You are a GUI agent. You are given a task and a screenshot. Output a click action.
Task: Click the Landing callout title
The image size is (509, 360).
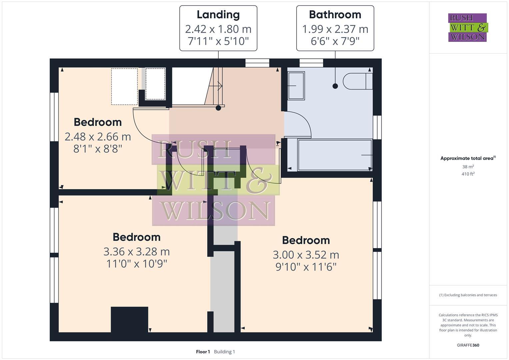[x=218, y=15]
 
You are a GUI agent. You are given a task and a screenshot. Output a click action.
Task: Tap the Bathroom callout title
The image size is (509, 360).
[x=335, y=15]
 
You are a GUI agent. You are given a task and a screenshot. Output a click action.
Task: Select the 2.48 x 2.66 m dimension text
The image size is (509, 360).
[x=98, y=137]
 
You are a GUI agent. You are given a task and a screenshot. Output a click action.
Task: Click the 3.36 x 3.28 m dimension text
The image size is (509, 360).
[x=136, y=251]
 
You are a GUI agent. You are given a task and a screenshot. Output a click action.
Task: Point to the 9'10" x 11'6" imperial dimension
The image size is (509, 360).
[x=306, y=267]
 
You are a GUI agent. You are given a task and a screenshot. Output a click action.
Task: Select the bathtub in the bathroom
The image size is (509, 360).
[x=335, y=155]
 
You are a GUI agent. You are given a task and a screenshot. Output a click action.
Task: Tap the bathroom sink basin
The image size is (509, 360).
[x=296, y=86]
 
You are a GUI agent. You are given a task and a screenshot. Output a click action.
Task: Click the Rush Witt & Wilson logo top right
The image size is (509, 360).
[x=467, y=28]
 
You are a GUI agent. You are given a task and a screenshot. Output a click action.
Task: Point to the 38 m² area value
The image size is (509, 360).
[x=468, y=167]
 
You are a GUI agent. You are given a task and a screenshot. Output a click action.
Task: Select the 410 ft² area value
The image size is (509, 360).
[x=468, y=174]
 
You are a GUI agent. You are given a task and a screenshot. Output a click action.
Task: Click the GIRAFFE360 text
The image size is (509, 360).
[x=468, y=345]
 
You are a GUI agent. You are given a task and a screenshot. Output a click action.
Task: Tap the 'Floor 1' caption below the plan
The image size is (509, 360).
[x=203, y=352]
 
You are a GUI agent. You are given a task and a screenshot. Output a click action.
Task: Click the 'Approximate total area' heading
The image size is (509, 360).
[x=467, y=158]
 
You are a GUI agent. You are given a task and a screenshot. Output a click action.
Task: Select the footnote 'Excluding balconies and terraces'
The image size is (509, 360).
[x=468, y=295]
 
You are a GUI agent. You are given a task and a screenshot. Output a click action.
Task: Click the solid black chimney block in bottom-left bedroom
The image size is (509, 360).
[x=129, y=319]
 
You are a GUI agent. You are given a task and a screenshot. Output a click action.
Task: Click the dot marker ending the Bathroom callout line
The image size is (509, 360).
[x=335, y=86]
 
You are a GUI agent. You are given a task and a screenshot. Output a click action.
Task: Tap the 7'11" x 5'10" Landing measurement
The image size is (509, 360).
[x=218, y=41]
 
